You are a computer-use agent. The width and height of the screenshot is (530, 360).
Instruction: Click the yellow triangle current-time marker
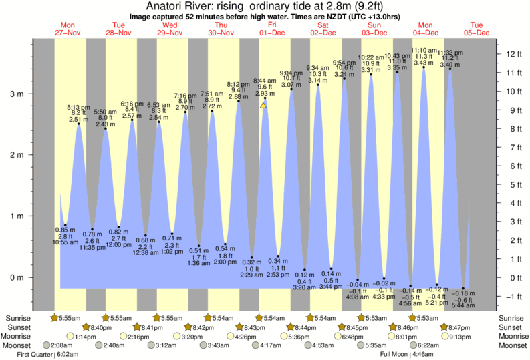[x=263, y=105]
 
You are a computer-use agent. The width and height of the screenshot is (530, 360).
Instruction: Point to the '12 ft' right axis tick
[x=513, y=53]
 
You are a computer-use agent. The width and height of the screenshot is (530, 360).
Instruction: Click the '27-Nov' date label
[x=68, y=33]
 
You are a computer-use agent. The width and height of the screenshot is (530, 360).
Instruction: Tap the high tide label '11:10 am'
[x=423, y=50]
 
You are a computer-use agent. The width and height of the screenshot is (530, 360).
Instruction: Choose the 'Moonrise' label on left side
[x=20, y=337]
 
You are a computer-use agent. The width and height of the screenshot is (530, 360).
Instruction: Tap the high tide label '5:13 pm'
[x=79, y=108]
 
